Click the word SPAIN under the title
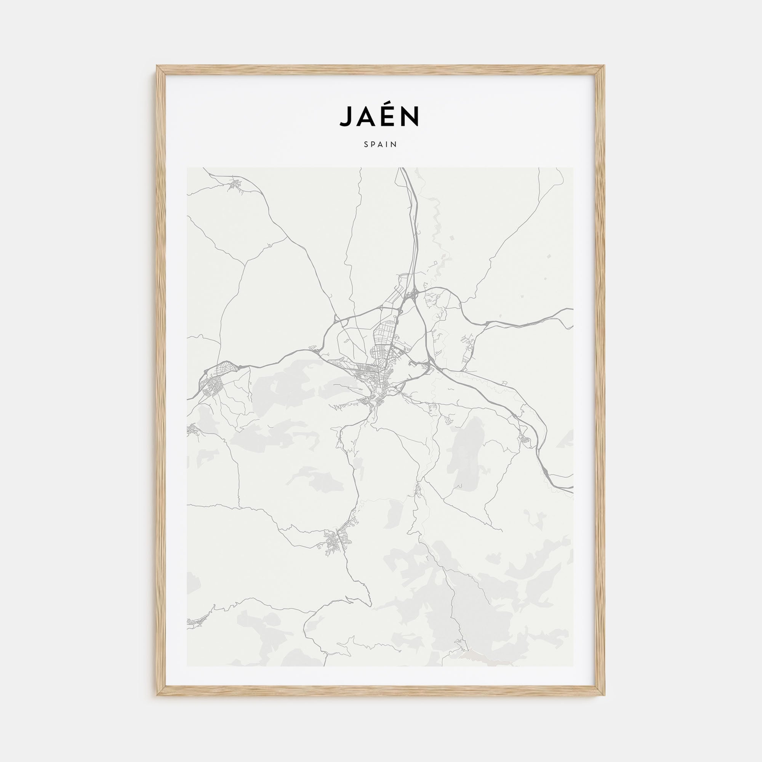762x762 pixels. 381,144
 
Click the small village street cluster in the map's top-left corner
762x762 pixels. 235,184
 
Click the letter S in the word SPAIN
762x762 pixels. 367,144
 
